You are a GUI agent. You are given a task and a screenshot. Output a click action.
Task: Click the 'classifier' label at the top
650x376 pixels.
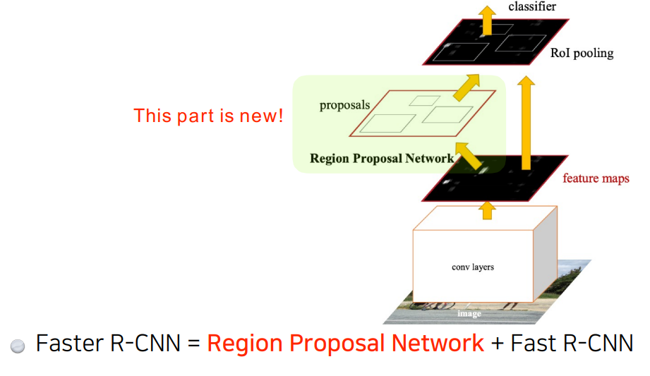[x=532, y=6]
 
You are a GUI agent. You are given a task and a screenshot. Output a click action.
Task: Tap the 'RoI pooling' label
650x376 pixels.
[x=582, y=53]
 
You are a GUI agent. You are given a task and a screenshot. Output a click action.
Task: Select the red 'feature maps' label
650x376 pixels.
[x=596, y=178]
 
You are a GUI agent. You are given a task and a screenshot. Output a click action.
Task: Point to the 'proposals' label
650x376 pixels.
[x=344, y=106]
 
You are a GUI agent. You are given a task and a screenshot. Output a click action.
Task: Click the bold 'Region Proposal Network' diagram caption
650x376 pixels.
[x=381, y=158]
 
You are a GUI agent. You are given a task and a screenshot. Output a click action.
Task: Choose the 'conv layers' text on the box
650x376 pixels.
[x=473, y=267]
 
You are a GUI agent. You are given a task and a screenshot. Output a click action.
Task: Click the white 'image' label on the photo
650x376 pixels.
[x=469, y=313]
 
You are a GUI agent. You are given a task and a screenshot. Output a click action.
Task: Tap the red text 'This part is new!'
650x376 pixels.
[x=208, y=116]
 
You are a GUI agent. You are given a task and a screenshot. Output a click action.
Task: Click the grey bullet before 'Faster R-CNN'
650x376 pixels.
[x=18, y=346]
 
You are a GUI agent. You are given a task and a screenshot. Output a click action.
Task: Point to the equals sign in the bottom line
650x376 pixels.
[x=194, y=344]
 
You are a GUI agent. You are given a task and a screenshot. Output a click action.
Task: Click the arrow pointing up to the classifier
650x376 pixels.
[x=486, y=17]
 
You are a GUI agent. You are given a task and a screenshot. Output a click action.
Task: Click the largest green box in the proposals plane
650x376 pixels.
[x=385, y=124]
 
